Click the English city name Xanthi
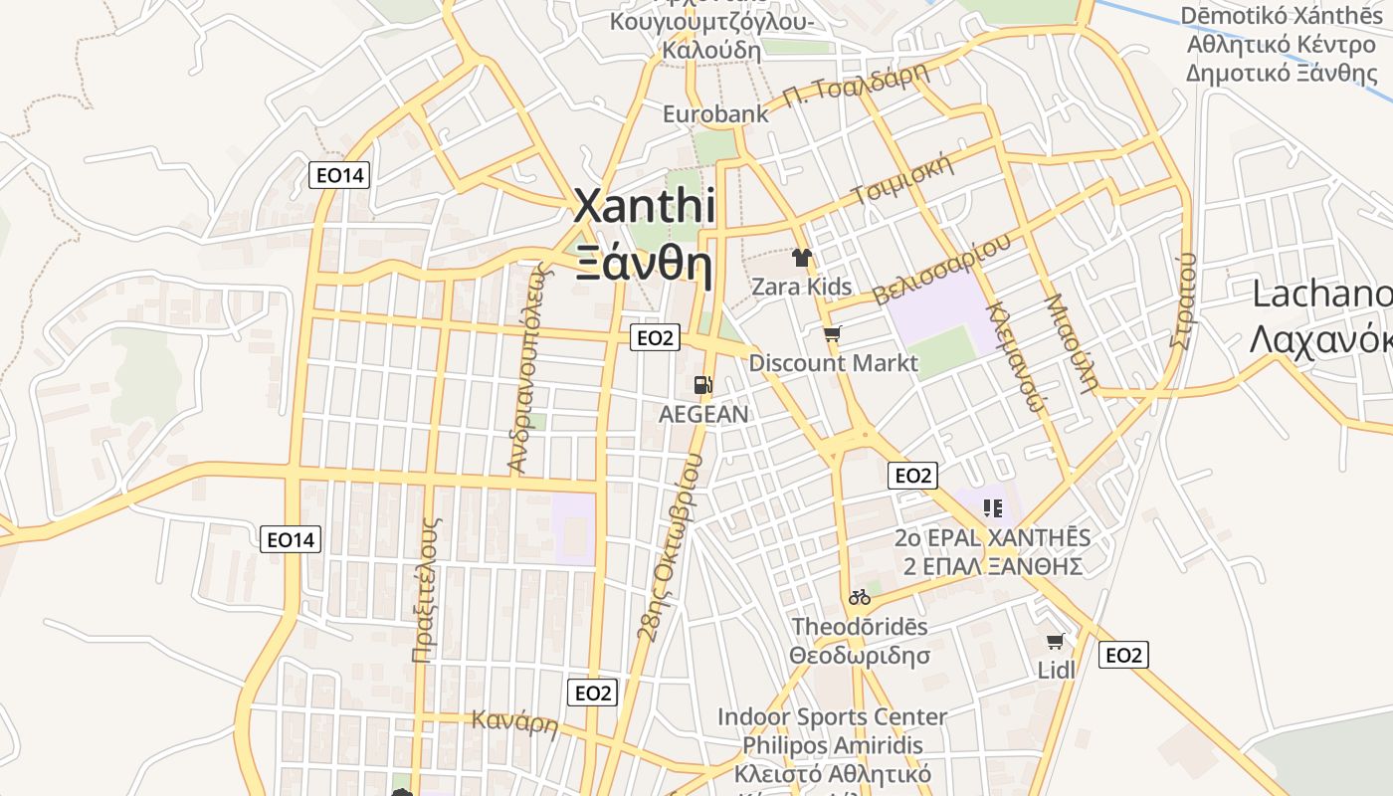click(x=645, y=207)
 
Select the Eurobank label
click(x=716, y=113)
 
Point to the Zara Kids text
click(x=802, y=287)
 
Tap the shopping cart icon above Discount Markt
click(x=832, y=334)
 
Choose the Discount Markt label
click(x=833, y=362)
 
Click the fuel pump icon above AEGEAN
click(x=703, y=385)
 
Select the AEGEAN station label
click(x=703, y=414)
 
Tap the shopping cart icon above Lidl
click(x=1055, y=641)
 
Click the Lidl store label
click(x=1057, y=670)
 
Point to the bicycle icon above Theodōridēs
click(x=860, y=597)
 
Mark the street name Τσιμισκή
click(x=903, y=179)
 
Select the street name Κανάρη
click(x=514, y=721)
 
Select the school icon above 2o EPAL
click(x=992, y=508)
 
